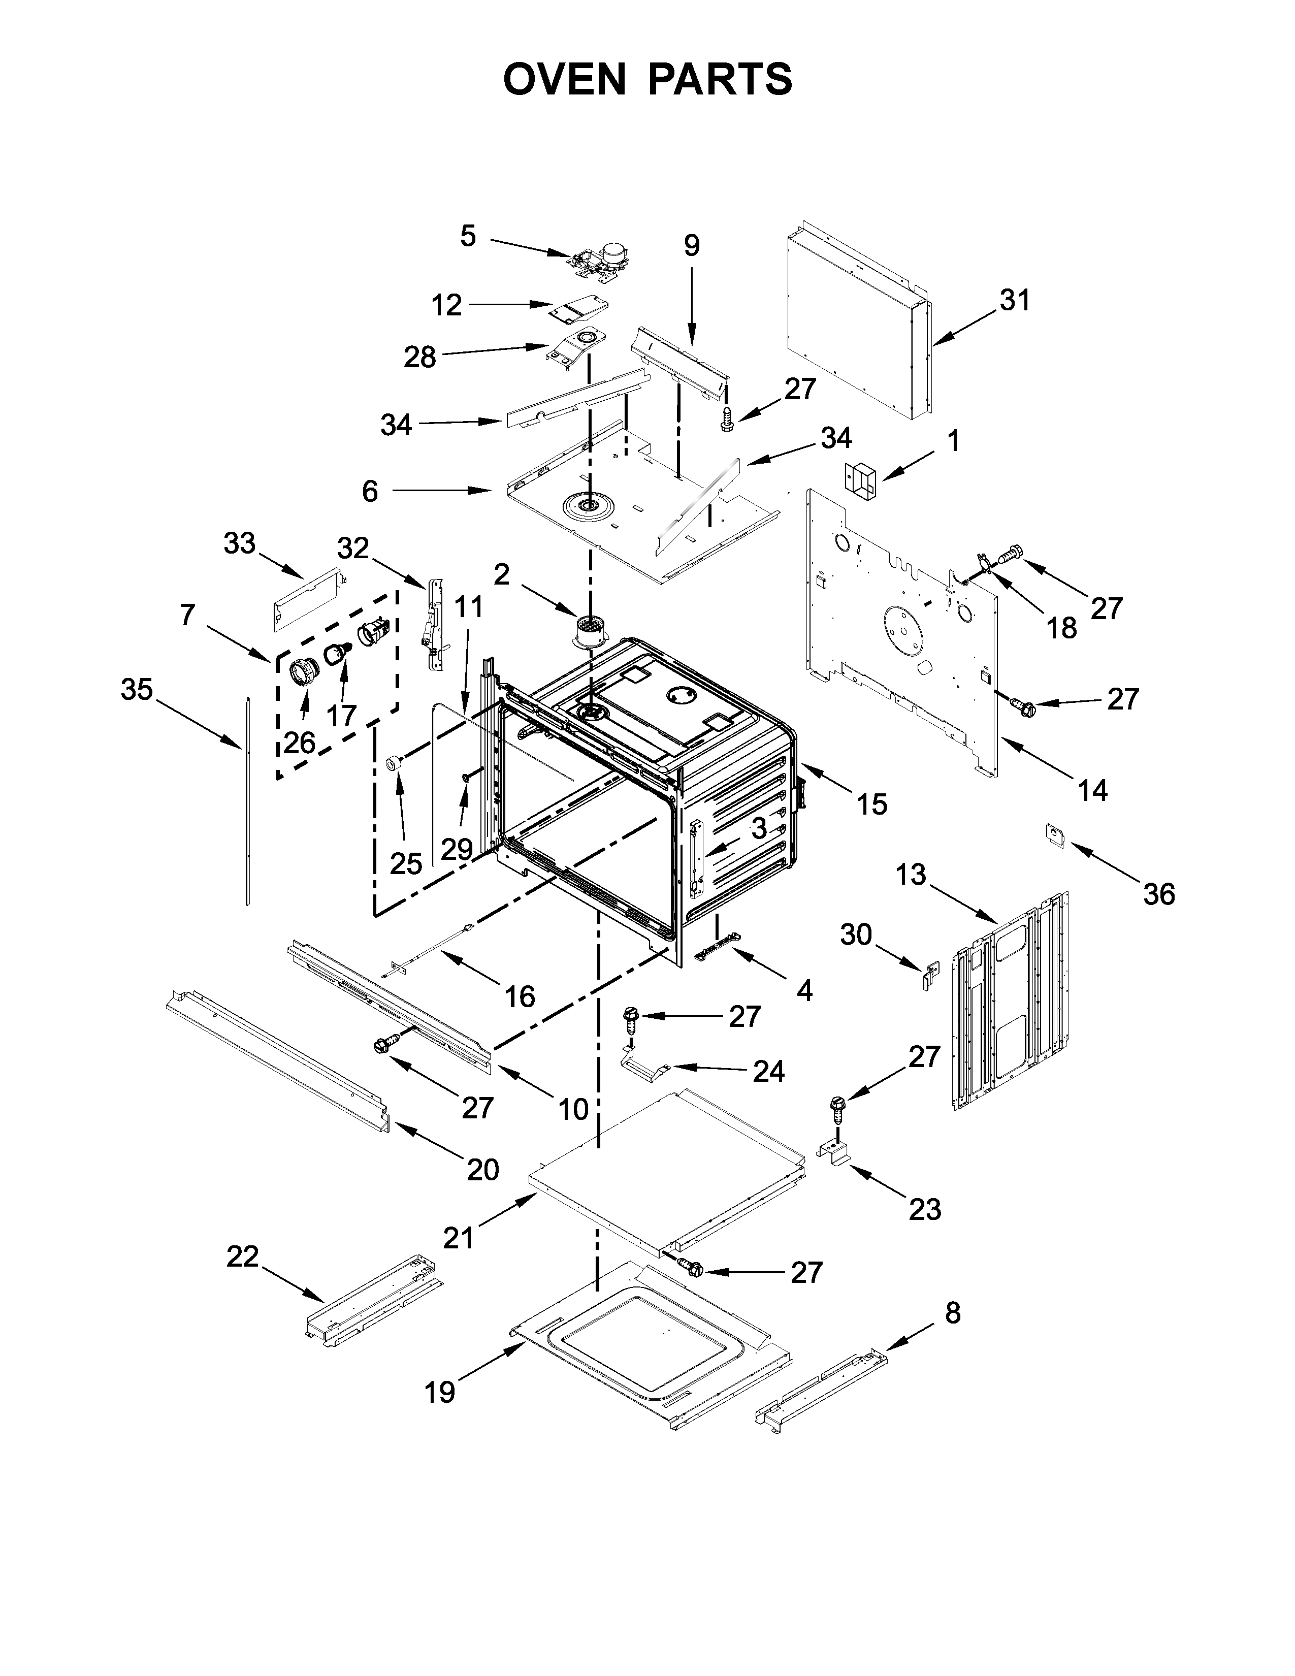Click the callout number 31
click(x=1014, y=300)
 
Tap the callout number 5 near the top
click(x=468, y=236)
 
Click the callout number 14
click(x=1092, y=790)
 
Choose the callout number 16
click(x=520, y=997)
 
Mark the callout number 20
click(x=482, y=1170)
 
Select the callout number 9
click(x=691, y=246)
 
